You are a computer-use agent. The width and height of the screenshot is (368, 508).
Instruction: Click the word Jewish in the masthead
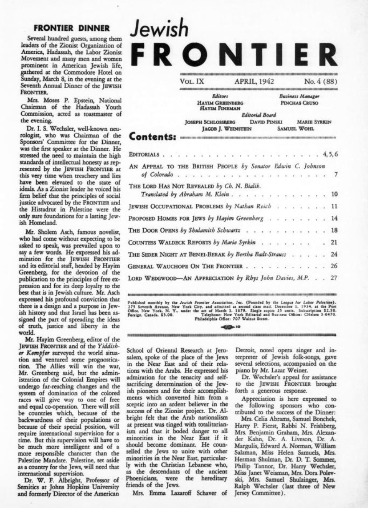pos(158,29)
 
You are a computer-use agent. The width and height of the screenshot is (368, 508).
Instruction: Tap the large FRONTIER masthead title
pos(235,56)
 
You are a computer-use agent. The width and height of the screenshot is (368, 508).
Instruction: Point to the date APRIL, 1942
pos(254,81)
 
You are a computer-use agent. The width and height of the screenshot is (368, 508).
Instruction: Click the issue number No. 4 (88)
pos(320,81)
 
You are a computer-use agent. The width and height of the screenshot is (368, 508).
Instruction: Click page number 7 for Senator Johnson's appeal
pos(336,174)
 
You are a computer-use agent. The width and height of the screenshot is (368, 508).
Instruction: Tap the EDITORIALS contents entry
pos(145,154)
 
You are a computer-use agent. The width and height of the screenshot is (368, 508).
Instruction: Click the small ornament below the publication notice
pos(233,326)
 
